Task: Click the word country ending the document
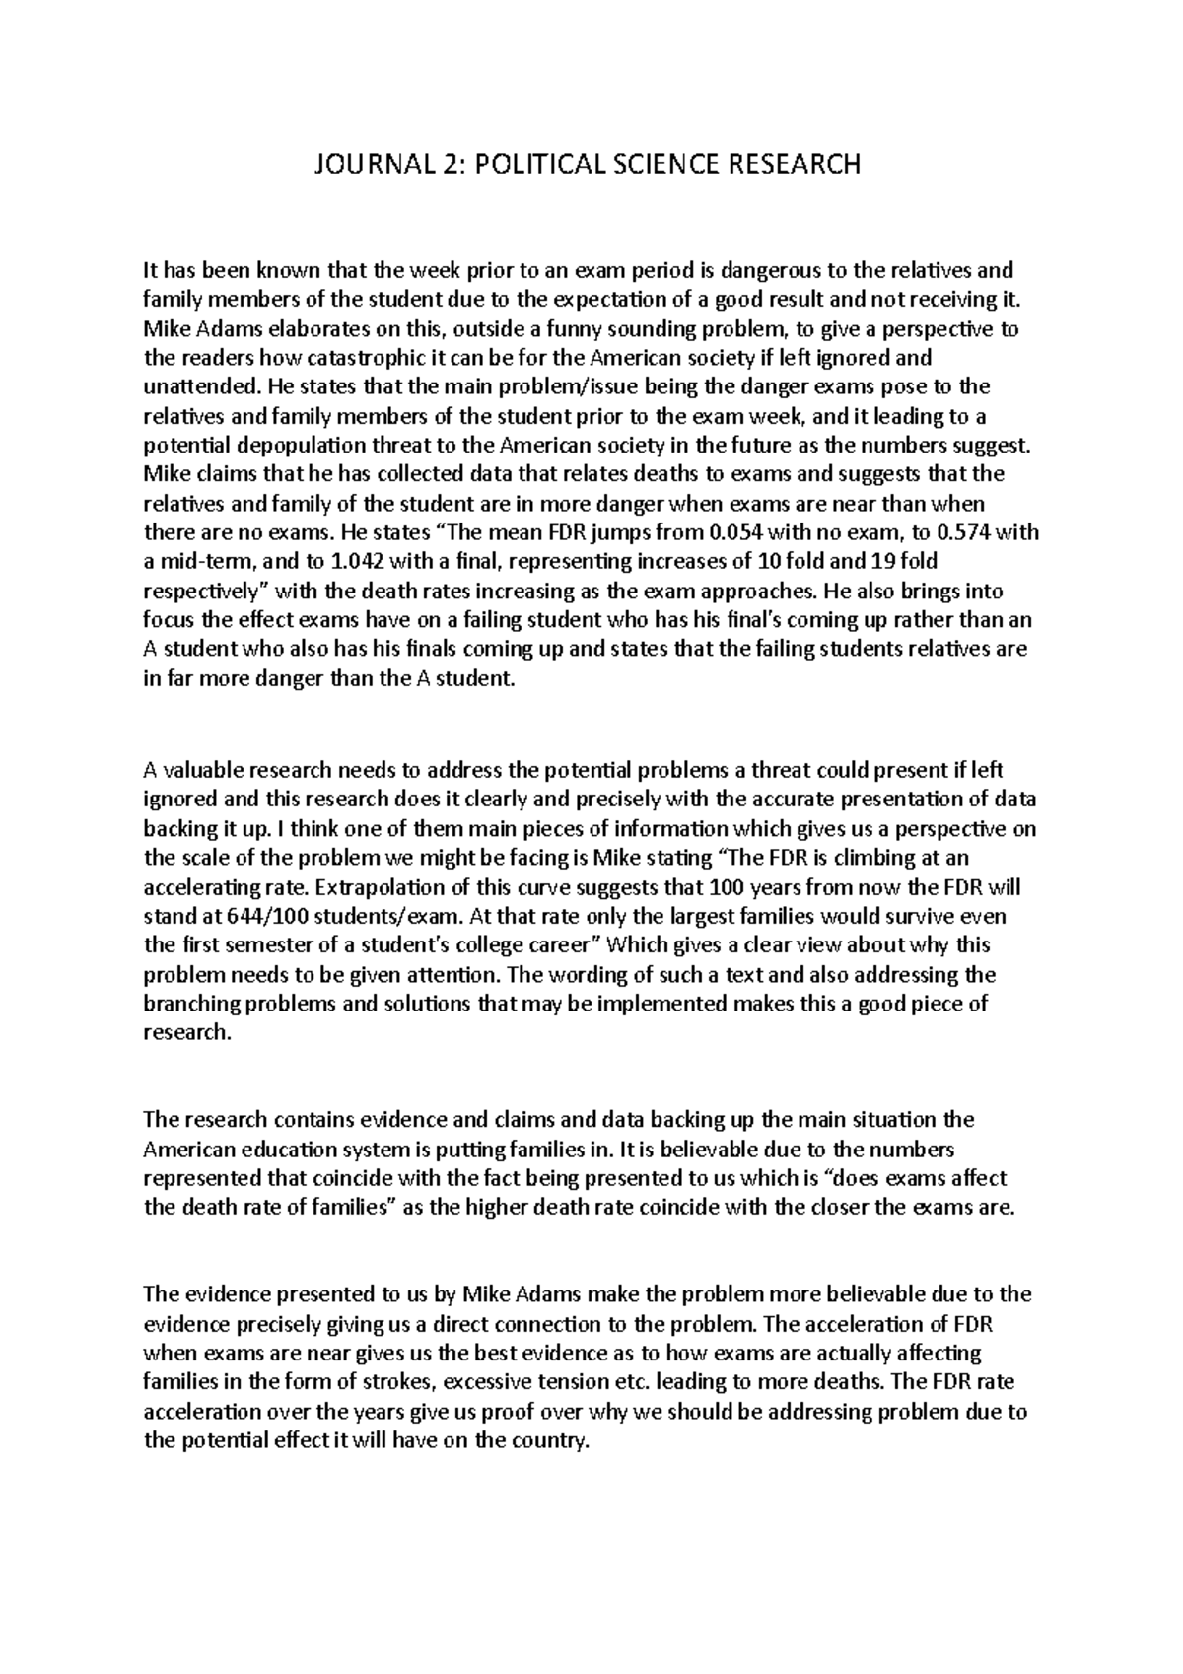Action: [x=549, y=1440]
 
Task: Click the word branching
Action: [x=190, y=1004]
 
